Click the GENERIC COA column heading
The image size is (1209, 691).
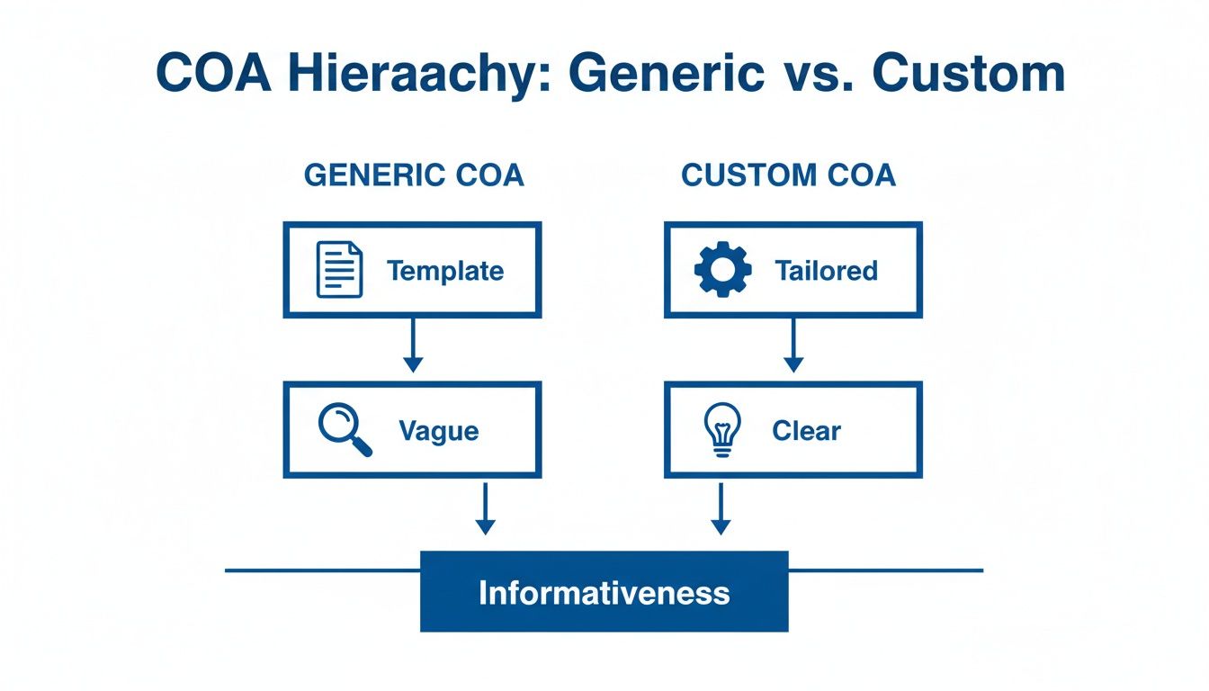[414, 175]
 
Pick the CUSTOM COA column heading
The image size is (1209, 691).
[788, 175]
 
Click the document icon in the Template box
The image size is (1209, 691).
[340, 270]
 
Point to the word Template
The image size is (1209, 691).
[444, 271]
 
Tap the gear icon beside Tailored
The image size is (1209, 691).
[722, 270]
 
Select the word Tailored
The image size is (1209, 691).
[826, 271]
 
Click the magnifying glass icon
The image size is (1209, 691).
[345, 430]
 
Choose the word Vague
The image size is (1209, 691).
[439, 431]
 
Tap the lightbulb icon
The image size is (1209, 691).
[721, 430]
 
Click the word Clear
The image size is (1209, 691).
[806, 431]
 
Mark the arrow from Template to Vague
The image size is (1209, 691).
[412, 345]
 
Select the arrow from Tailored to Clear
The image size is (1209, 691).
[793, 345]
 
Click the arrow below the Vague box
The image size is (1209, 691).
[485, 508]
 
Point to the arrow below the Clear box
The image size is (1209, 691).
[720, 508]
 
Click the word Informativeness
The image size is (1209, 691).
[604, 592]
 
